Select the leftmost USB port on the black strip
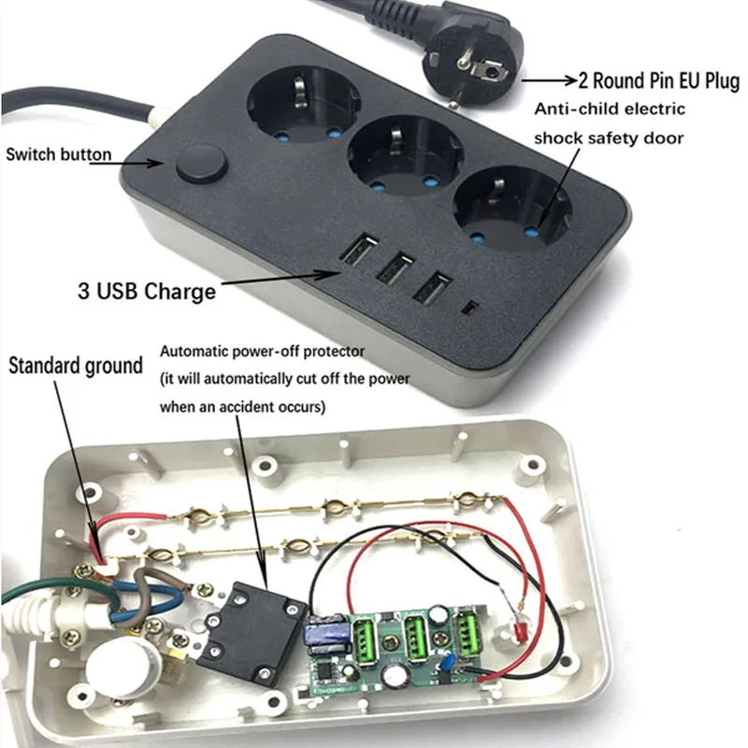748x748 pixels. (358, 252)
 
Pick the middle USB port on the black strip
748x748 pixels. (393, 268)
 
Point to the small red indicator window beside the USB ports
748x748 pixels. (471, 307)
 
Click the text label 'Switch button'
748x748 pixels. (58, 154)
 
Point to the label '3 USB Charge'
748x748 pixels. (146, 291)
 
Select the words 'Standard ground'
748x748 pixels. (76, 365)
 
